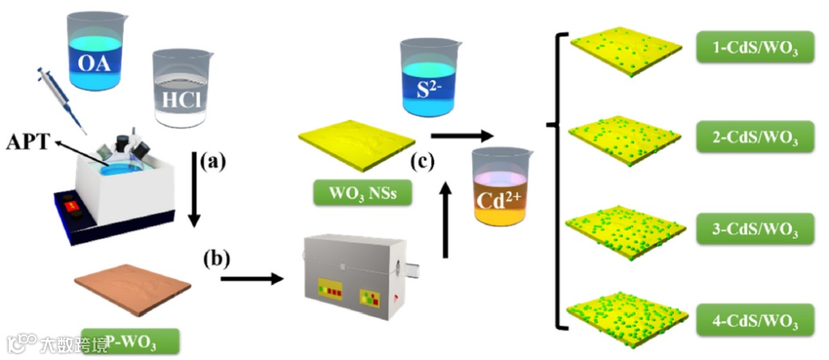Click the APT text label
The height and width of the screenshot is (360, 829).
pyautogui.click(x=27, y=144)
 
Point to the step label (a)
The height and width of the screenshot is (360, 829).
pyautogui.click(x=212, y=163)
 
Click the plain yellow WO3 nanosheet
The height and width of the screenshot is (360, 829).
pyautogui.click(x=356, y=143)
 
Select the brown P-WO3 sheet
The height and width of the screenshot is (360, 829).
pyautogui.click(x=132, y=291)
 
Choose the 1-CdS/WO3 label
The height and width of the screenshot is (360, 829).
pyautogui.click(x=754, y=49)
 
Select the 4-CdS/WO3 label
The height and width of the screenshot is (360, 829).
pyautogui.click(x=754, y=320)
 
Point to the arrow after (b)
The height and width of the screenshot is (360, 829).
pyautogui.click(x=254, y=279)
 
